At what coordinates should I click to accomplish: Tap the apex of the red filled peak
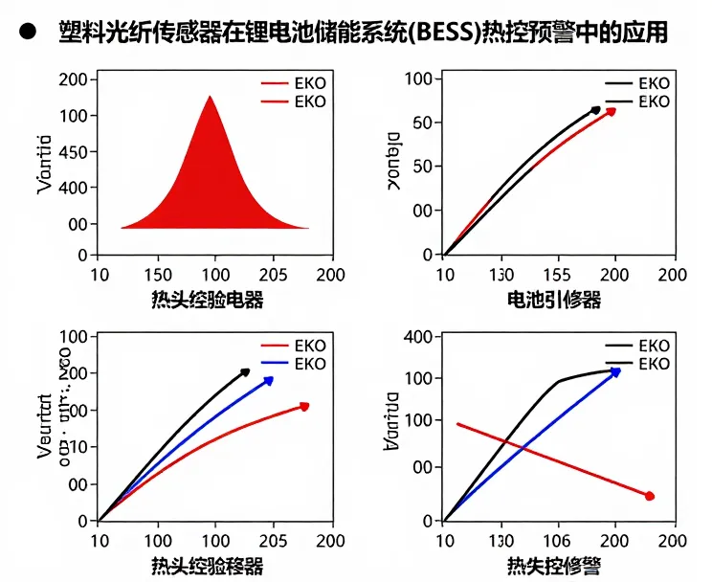[x=211, y=96]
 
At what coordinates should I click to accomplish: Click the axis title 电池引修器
[x=554, y=300]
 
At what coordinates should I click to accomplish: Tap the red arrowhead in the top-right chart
[x=611, y=111]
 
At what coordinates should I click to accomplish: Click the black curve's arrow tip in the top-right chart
[x=596, y=110]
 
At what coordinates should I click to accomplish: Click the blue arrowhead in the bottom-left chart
[x=269, y=381]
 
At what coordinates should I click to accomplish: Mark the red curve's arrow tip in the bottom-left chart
[x=304, y=407]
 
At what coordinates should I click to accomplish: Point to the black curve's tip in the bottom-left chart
[x=245, y=371]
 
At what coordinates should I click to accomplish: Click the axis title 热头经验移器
[x=208, y=566]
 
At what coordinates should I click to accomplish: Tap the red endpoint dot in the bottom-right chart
[x=650, y=496]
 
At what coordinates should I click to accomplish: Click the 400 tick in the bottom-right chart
[x=420, y=336]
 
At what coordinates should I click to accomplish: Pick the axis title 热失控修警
[x=554, y=566]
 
